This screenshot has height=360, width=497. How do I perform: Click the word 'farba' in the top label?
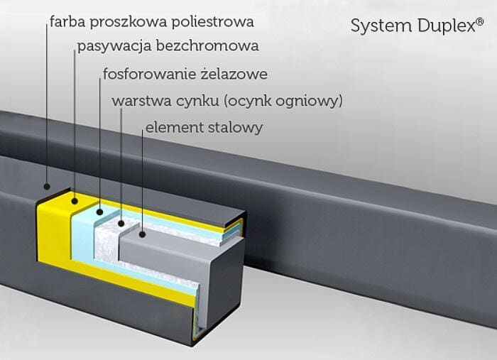(x=66, y=22)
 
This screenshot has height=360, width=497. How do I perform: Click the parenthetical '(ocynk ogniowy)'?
(x=283, y=102)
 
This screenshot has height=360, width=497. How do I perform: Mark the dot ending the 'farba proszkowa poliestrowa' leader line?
(x=47, y=187)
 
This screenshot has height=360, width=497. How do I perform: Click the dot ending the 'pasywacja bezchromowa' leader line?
(x=74, y=201)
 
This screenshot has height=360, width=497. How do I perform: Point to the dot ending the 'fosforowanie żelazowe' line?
(x=100, y=211)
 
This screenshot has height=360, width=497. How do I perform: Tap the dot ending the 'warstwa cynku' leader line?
(x=121, y=224)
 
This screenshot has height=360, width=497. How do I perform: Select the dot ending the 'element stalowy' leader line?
(x=143, y=233)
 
